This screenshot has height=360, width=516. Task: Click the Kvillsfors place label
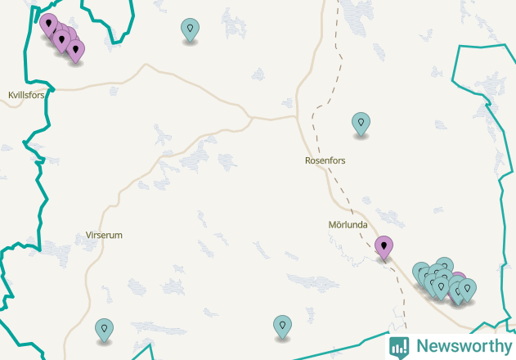[x=25, y=96]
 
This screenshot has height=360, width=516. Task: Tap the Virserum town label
[x=104, y=236]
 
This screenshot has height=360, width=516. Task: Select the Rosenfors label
[x=325, y=161]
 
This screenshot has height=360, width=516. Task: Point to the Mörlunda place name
[x=347, y=224]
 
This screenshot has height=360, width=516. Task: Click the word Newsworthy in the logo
[x=464, y=346]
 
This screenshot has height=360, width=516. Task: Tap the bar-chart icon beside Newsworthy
[x=399, y=347]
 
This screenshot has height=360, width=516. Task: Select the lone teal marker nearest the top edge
[x=190, y=29]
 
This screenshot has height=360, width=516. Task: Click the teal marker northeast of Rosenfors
[x=361, y=123]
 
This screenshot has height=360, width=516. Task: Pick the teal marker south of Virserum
[x=104, y=329]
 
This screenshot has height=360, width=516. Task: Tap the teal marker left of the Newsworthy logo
[x=282, y=326]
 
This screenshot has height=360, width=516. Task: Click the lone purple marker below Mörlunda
[x=384, y=245]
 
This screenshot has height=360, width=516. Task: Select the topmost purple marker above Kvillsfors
[x=48, y=24]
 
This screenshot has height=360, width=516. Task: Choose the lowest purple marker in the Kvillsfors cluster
[x=75, y=50]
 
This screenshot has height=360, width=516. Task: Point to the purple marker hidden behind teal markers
[x=458, y=279]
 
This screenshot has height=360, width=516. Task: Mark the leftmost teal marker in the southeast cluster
[x=421, y=272]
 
